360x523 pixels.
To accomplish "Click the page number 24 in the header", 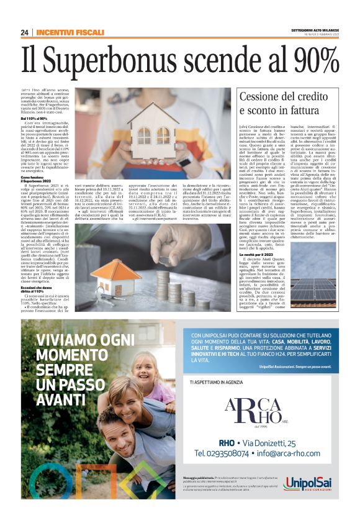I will coord(24,32).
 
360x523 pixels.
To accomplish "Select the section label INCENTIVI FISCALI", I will coord(70,32).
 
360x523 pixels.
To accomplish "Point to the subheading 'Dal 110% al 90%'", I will coord(37,118).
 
